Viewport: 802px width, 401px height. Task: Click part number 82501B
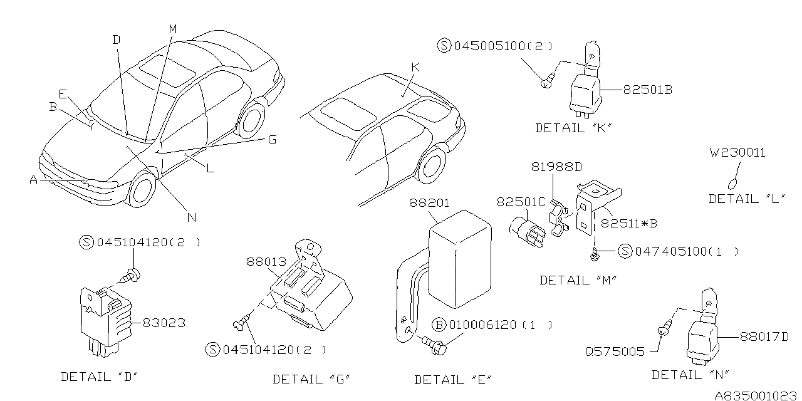pyautogui.click(x=647, y=90)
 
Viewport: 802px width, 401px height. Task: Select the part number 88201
pyautogui.click(x=430, y=203)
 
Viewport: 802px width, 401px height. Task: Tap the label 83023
pyautogui.click(x=164, y=323)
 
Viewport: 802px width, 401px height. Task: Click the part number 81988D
pyautogui.click(x=557, y=167)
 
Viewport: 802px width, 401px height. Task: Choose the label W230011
pyautogui.click(x=737, y=152)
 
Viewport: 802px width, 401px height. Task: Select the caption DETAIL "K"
pyautogui.click(x=573, y=128)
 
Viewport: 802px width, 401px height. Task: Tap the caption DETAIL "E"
pyautogui.click(x=453, y=380)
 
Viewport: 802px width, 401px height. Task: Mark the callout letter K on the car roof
pyautogui.click(x=414, y=67)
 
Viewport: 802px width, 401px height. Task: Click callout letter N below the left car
pyautogui.click(x=192, y=217)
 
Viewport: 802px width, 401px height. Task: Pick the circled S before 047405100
pyautogui.click(x=625, y=251)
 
